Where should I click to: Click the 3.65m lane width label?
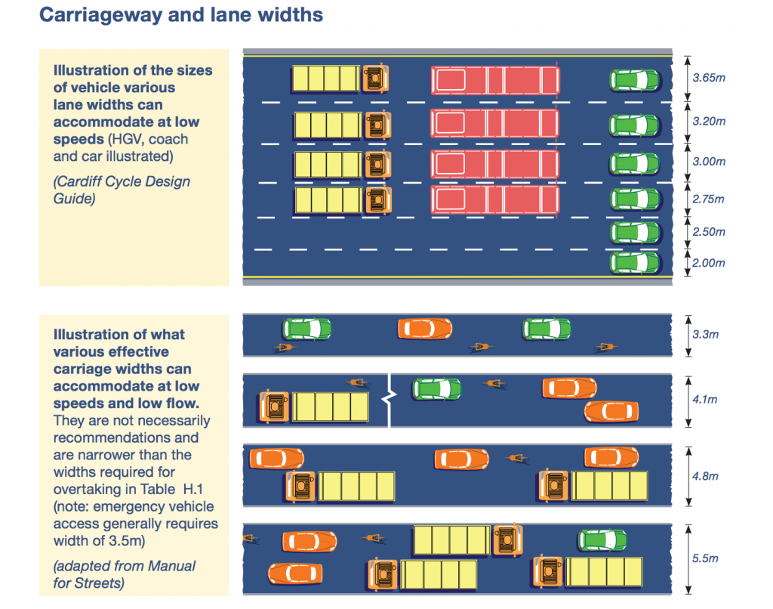(x=708, y=78)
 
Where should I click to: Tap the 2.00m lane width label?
(x=708, y=263)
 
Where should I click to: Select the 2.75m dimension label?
(x=708, y=199)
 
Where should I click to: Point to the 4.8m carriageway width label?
(x=705, y=476)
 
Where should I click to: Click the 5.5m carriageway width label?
(x=705, y=558)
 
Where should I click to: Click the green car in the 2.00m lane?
(x=635, y=263)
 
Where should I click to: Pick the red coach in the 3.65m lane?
(x=495, y=80)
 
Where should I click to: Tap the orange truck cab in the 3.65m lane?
(x=376, y=78)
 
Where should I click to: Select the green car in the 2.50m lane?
(x=635, y=233)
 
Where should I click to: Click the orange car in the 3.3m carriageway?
(x=425, y=329)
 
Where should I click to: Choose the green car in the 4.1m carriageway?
(x=437, y=389)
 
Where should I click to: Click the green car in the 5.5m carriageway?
(x=602, y=540)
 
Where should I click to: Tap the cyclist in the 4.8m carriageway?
(x=517, y=459)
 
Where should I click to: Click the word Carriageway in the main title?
(x=101, y=15)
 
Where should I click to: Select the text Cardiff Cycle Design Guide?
(x=122, y=190)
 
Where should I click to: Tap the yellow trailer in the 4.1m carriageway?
(x=331, y=407)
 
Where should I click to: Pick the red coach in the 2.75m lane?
(x=495, y=199)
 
